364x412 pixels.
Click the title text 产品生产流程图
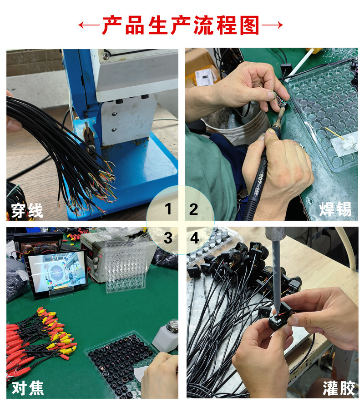coord(181,25)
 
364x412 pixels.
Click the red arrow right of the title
coord(273,25)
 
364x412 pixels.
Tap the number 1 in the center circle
coord(168,209)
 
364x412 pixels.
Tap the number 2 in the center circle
coord(194,209)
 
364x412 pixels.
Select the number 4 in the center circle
coord(194,238)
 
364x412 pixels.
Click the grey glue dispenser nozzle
coord(276,273)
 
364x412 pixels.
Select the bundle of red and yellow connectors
coord(41,338)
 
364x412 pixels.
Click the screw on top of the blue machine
coord(106,56)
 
